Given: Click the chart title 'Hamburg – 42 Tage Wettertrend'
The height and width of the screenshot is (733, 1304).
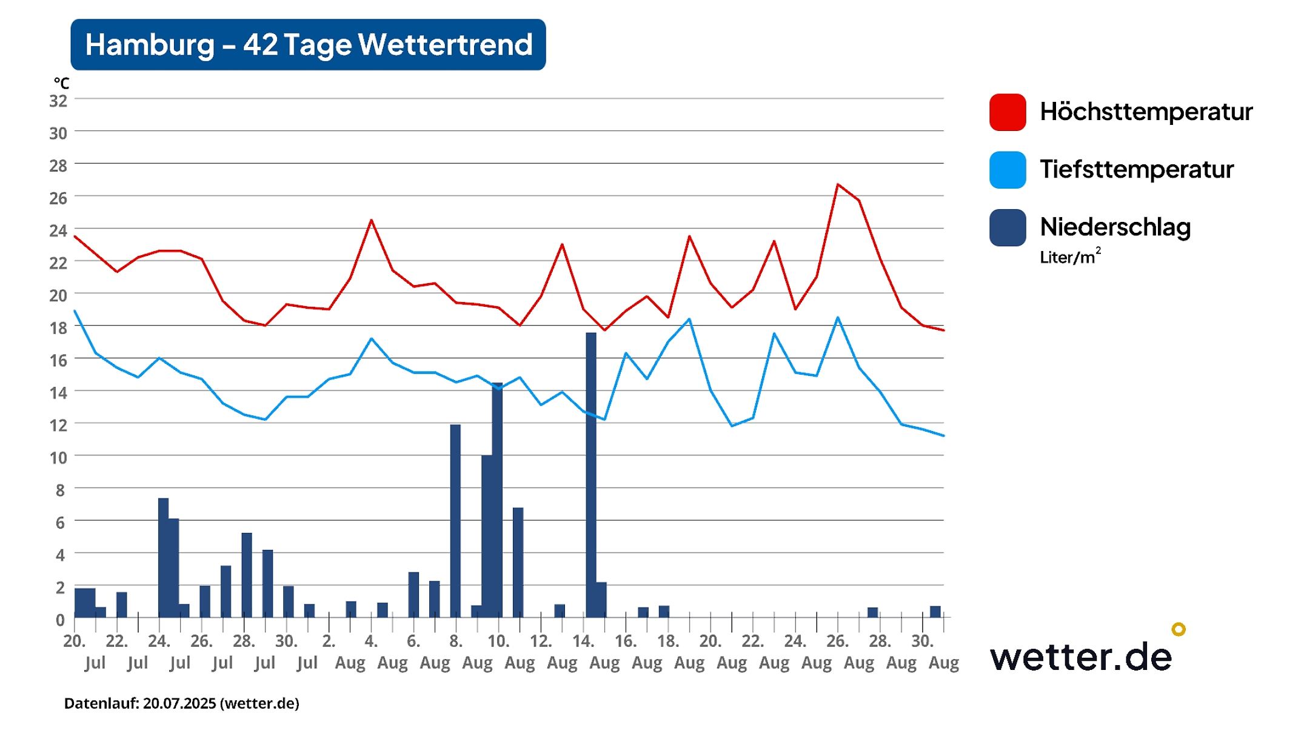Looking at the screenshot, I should (308, 44).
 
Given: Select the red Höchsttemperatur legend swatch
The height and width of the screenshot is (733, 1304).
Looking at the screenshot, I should (1007, 112).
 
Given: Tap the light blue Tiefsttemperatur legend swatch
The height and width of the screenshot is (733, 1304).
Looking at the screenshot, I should (1007, 170).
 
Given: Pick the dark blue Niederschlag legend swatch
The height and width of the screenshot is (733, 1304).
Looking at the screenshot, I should (1007, 227).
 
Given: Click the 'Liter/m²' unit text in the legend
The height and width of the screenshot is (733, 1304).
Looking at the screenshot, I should (1070, 257).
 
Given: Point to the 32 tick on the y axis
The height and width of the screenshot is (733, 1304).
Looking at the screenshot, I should (58, 101).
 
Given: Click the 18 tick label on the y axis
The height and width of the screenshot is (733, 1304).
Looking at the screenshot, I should (58, 328).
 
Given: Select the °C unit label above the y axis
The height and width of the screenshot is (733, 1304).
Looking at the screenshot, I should (61, 83).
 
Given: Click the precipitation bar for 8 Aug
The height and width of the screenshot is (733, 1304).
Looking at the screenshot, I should (455, 521).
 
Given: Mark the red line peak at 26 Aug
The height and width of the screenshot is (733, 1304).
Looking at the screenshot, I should (838, 184).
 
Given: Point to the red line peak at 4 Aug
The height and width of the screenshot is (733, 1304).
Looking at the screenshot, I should (371, 220).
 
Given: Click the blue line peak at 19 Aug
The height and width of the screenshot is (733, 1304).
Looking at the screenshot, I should (689, 319).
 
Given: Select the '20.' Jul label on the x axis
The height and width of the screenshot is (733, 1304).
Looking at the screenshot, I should (74, 641).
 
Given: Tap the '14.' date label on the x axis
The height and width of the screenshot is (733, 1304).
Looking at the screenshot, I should (583, 641).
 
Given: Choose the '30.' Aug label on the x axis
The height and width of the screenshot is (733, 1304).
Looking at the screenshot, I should (922, 641).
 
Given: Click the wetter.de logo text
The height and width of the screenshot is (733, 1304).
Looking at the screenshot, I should (1081, 657).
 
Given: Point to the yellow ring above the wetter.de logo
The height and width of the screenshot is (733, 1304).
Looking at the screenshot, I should (1178, 629).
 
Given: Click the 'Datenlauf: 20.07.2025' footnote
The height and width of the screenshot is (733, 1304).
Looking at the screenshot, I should (182, 703).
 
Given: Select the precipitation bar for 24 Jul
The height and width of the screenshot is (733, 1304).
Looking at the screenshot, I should (163, 558).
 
